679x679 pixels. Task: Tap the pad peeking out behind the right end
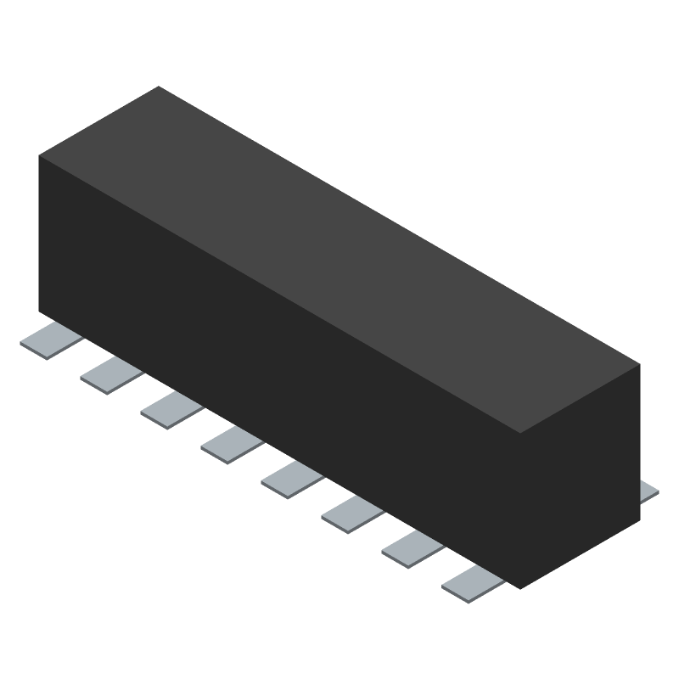[649, 491]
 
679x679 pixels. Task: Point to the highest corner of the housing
[160, 87]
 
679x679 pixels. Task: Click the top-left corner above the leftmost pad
[40, 157]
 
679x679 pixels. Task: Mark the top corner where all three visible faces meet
[519, 434]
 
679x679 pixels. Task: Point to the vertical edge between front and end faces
[519, 509]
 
